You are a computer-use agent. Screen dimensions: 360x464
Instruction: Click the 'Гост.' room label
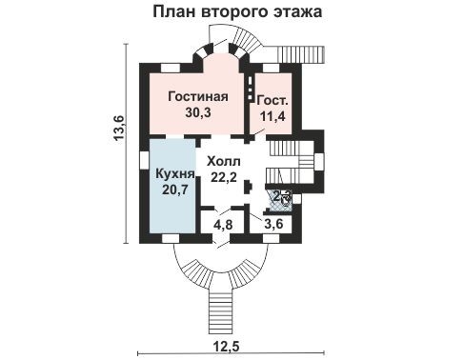coord(273,100)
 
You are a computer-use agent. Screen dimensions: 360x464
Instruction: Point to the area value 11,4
coord(272,116)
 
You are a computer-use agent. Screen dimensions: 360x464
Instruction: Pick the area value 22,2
coord(225,176)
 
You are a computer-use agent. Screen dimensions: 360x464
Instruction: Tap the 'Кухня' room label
coord(174,175)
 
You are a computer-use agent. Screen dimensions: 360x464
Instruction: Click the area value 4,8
coord(223,226)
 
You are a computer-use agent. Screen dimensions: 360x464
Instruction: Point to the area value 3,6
coord(273,226)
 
